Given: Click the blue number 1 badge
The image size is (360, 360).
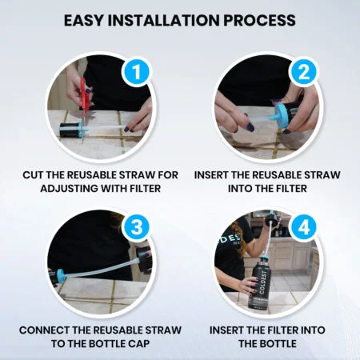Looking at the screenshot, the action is pyautogui.click(x=136, y=71).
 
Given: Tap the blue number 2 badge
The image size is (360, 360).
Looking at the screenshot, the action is pyautogui.click(x=304, y=71).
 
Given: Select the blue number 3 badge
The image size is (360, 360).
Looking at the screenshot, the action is pyautogui.click(x=136, y=226).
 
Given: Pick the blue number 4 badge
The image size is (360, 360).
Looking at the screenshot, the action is pyautogui.click(x=304, y=226).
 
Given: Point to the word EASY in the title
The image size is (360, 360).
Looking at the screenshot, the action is pyautogui.click(x=83, y=20).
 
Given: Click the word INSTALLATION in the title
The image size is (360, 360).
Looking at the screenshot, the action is pyautogui.click(x=164, y=20).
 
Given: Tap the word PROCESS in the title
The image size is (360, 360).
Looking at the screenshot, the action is pyautogui.click(x=260, y=20).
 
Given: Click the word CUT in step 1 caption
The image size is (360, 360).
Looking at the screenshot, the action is pyautogui.click(x=33, y=175).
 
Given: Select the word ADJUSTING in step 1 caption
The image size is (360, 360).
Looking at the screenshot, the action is pyautogui.click(x=70, y=189).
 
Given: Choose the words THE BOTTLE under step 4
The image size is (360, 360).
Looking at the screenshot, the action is pyautogui.click(x=267, y=343).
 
